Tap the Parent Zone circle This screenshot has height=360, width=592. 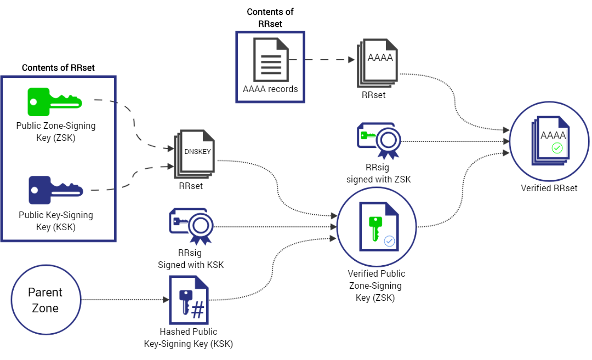point(45,300)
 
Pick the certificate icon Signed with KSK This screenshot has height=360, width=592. point(191,225)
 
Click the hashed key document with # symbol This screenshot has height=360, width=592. point(189,299)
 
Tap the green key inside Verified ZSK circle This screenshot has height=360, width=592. point(375,227)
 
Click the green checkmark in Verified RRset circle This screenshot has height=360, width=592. point(557,148)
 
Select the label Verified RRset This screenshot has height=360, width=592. point(549,188)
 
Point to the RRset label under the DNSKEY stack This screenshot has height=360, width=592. point(191,186)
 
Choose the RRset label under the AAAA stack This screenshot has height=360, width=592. point(373,95)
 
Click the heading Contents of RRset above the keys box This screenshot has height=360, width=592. point(58,68)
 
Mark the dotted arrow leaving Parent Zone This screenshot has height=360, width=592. point(123,300)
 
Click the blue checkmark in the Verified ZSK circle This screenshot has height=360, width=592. point(389,241)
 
